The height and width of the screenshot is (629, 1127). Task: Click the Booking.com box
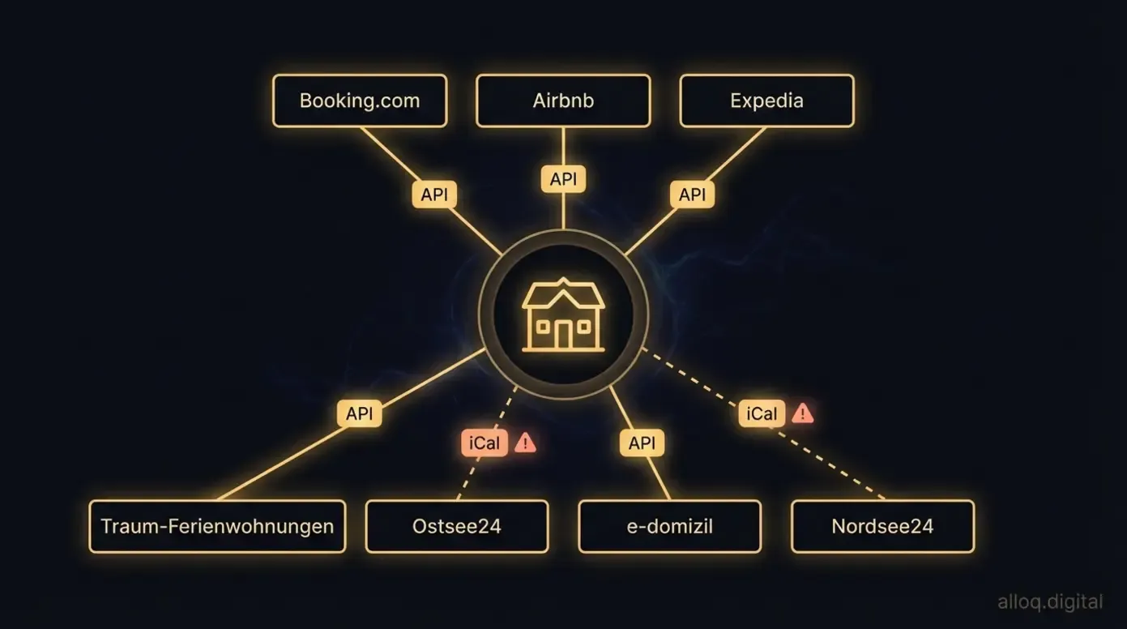coord(360,101)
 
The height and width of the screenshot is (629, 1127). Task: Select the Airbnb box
coord(563,101)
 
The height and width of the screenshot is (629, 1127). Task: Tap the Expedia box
coord(766,101)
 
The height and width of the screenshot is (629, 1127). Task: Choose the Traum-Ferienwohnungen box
coord(217,526)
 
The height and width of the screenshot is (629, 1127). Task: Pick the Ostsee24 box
coord(457,526)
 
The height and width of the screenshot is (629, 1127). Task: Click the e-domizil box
coord(669,526)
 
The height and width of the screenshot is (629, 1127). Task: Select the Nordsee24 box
coord(882,526)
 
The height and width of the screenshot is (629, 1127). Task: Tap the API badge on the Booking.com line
coord(434,195)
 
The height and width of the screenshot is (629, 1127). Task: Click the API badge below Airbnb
coord(563,179)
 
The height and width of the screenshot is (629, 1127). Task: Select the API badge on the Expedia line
coord(692,195)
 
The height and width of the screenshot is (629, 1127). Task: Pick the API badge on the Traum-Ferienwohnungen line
coord(359,413)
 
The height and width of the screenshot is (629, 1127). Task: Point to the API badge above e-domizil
coord(642,443)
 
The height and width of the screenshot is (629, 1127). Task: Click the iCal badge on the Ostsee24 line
coord(485,443)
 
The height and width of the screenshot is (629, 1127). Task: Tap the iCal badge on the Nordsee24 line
coord(762,413)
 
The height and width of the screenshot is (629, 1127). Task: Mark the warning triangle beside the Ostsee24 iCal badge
coord(525,443)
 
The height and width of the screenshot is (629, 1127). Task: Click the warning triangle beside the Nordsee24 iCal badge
coord(802,413)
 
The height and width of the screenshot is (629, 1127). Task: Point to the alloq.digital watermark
coord(1050,602)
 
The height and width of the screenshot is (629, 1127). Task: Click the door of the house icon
coord(563,334)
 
